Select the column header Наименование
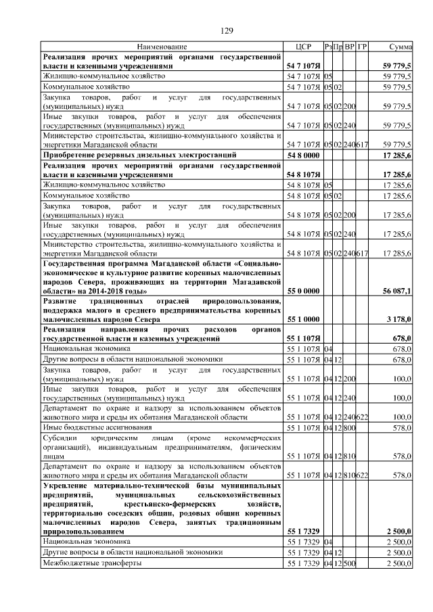point(162,47)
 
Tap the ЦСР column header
point(302,47)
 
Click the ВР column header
point(350,47)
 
